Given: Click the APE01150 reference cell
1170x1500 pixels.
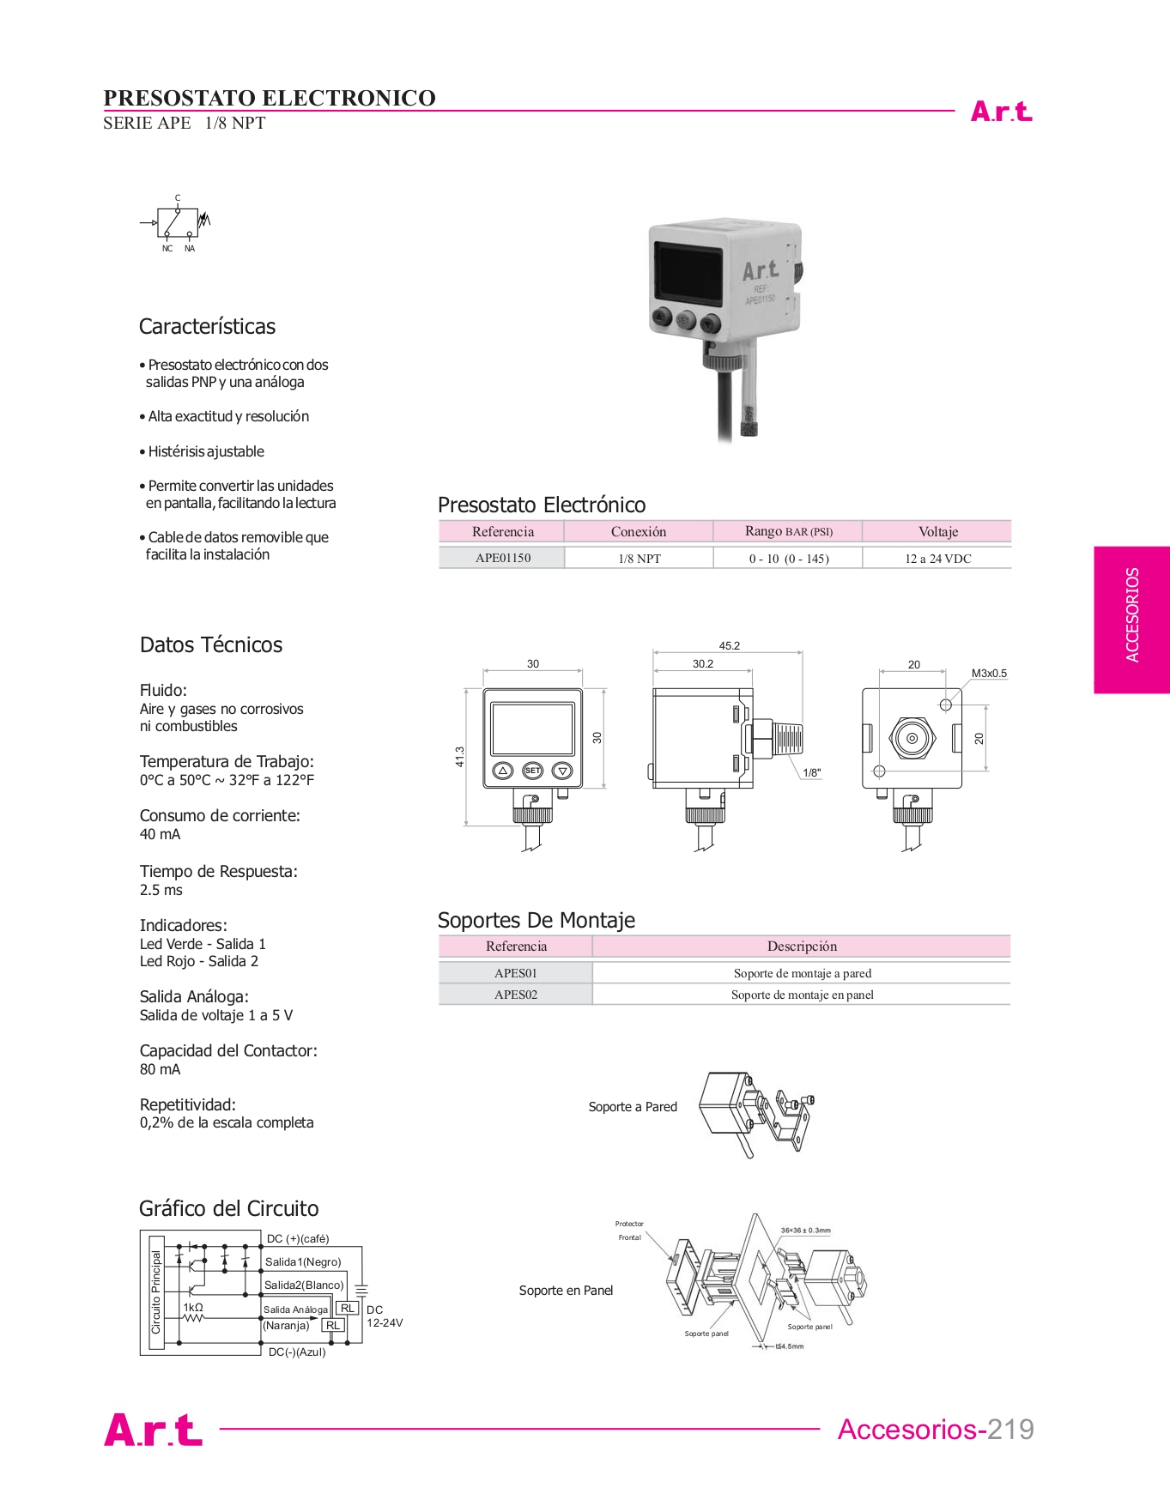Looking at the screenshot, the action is pyautogui.click(x=503, y=558).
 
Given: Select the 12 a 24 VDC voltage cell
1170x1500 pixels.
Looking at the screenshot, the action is pyautogui.click(x=937, y=559).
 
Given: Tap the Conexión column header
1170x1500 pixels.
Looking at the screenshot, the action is pyautogui.click(x=639, y=532).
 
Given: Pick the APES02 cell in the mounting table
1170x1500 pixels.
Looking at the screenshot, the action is pyautogui.click(x=516, y=995).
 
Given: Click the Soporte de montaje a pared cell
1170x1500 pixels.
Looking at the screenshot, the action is pyautogui.click(x=803, y=973).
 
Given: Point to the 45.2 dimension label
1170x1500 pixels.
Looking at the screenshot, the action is pyautogui.click(x=730, y=646).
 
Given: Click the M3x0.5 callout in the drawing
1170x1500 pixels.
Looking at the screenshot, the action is pyautogui.click(x=989, y=674).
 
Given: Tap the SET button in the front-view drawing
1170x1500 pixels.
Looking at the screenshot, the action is pyautogui.click(x=533, y=771).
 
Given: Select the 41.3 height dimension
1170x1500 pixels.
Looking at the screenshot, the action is pyautogui.click(x=460, y=756).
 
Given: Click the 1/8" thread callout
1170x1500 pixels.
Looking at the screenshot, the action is pyautogui.click(x=811, y=773).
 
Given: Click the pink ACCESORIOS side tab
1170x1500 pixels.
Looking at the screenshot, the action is pyautogui.click(x=1132, y=620).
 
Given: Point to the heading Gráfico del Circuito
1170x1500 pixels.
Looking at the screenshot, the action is pyautogui.click(x=229, y=1208).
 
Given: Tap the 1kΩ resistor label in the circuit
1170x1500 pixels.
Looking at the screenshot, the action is pyautogui.click(x=193, y=1308).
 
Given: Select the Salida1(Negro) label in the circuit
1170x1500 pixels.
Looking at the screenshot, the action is pyautogui.click(x=303, y=1262).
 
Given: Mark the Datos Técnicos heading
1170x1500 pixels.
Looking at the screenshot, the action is pyautogui.click(x=211, y=645).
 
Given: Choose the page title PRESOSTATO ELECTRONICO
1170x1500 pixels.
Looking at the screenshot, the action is pyautogui.click(x=270, y=98).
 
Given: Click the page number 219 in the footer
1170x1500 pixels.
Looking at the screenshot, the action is pyautogui.click(x=1010, y=1430).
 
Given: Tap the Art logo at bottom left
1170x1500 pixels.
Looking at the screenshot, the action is pyautogui.click(x=154, y=1430).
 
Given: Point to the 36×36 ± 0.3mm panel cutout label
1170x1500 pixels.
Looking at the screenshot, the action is pyautogui.click(x=805, y=1231).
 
